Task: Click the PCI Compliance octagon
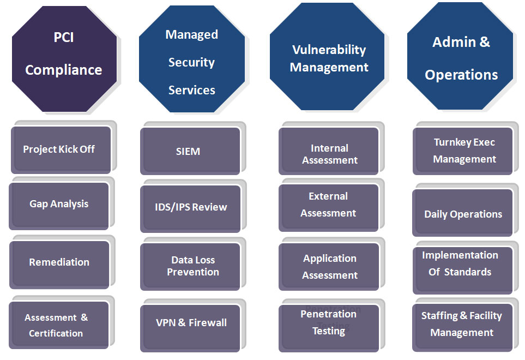[x=64, y=55]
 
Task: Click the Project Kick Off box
[x=59, y=149]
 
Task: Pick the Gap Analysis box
[x=59, y=205]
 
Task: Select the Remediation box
[x=59, y=262]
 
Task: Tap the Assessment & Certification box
[x=57, y=325]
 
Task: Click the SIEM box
[x=189, y=151]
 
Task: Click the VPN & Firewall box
[x=191, y=323]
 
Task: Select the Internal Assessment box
[x=329, y=154]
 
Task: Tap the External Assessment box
[x=328, y=205]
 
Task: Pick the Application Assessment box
[x=329, y=267]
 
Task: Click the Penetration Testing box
[x=328, y=323]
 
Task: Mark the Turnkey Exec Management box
[x=464, y=151]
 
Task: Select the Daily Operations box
[x=463, y=214]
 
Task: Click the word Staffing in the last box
[x=439, y=316]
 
